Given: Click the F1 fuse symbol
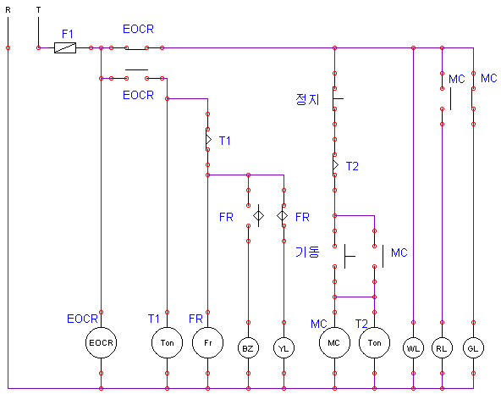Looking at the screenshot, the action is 65,48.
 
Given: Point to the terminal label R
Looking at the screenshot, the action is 8,10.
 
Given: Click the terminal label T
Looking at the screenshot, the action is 38,10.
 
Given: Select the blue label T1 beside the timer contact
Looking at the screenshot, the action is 224,141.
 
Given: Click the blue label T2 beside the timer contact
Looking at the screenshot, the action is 352,166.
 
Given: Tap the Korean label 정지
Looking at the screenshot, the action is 307,99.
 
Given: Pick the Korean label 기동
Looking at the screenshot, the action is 307,252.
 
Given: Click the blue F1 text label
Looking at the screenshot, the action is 68,34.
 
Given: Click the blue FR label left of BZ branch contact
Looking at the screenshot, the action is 226,217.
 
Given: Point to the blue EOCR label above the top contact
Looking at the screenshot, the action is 138,29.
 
